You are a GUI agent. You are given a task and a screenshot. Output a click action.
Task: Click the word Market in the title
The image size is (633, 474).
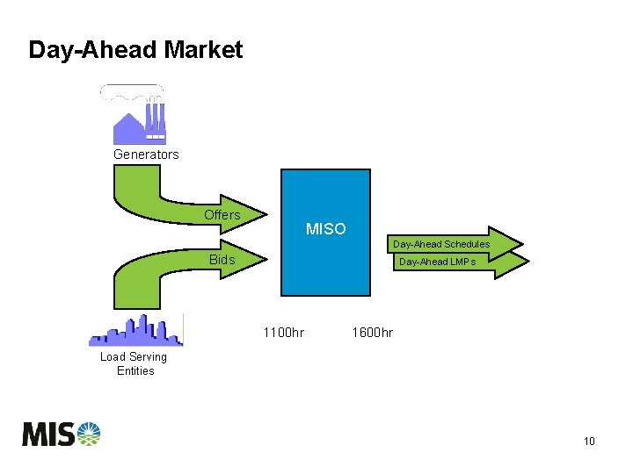coord(203,50)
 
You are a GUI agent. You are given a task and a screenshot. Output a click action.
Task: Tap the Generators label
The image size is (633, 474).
coord(146,154)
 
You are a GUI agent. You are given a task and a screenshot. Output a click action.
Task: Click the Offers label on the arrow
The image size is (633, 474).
coord(222,215)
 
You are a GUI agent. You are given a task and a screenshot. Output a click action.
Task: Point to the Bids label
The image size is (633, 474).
coord(222,260)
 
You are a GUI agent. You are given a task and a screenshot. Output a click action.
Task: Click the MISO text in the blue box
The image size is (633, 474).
coord(325,229)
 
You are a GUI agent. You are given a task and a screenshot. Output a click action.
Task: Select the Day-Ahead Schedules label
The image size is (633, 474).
coord(441,244)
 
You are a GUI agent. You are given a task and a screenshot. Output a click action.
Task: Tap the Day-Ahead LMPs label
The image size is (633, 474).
coord(437,262)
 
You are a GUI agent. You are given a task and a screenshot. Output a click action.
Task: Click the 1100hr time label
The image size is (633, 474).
coord(284,333)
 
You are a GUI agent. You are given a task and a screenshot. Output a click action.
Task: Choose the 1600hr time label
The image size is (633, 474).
coord(372,333)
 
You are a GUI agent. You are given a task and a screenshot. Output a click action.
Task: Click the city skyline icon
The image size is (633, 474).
coord(136,331)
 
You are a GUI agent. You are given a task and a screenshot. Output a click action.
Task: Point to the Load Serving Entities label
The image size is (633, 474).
coord(134,363)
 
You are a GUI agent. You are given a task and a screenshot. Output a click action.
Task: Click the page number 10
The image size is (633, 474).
coord(589,442)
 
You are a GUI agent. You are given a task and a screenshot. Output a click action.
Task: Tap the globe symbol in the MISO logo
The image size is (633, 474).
coord(89,434)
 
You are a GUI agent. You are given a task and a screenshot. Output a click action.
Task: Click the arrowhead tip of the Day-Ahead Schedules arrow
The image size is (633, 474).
coord(522,243)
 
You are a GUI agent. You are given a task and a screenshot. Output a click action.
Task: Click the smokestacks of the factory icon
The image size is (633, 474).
coord(155,115)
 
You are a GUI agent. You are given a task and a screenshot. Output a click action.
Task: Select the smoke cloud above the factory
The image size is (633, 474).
coord(132,91)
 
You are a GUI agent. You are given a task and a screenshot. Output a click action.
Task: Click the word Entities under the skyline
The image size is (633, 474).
coord(135,371)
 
